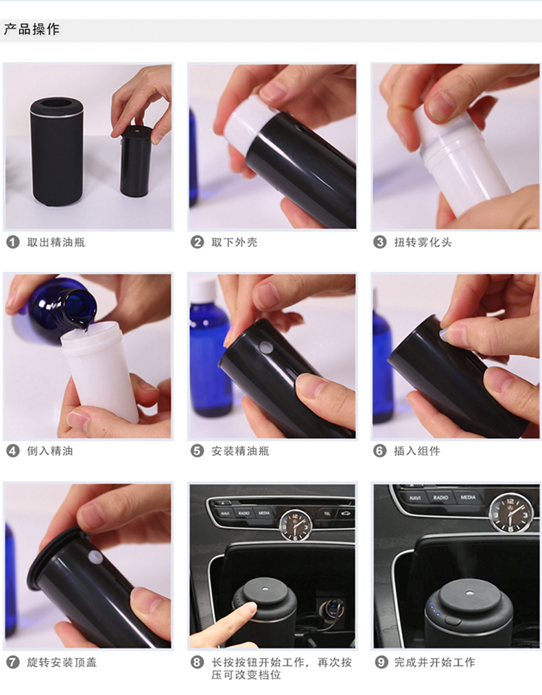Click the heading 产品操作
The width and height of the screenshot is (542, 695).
coord(32,30)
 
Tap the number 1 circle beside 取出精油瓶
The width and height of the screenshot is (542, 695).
coord(13,242)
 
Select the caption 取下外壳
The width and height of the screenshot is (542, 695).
coord(234,242)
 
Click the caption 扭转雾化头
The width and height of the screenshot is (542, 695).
coord(423,242)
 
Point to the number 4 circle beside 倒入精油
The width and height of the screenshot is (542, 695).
coord(13,451)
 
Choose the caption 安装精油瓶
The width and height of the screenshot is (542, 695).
coord(240,451)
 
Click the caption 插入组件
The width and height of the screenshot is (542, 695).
coord(417,451)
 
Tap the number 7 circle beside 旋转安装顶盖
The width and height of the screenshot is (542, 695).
coord(13,663)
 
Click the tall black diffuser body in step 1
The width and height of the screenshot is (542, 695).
coord(57,152)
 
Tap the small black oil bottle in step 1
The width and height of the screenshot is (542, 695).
coord(136,161)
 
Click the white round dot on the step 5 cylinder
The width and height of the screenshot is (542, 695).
coord(266,347)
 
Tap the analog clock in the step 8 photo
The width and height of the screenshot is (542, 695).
coord(295,525)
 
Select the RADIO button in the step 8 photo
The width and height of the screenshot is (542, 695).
coord(244,513)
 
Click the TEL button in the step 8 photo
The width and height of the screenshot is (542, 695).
coord(327,514)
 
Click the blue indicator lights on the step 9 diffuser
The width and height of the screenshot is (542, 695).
coord(433,608)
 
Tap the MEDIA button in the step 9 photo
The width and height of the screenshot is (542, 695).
coord(468,497)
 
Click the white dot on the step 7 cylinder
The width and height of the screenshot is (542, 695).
coord(95,557)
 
